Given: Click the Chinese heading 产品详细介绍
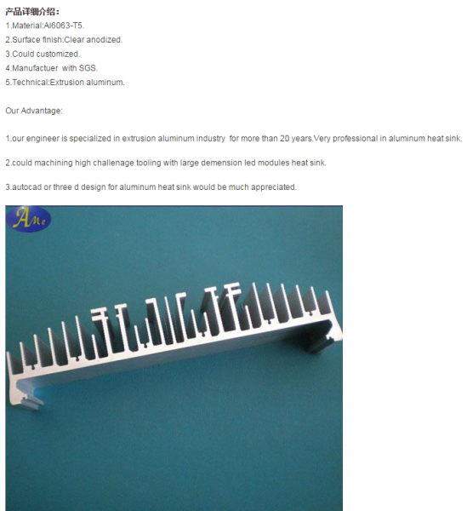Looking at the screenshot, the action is pos(32,12).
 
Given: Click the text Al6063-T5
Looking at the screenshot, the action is pos(64,26).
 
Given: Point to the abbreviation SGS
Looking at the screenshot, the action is pos(88,68).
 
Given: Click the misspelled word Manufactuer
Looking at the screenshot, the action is pos(35,68).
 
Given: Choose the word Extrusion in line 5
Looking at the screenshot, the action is pos(67,82).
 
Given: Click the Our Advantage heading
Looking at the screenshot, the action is pos(34,111).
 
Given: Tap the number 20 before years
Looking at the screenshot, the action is pos(284,139).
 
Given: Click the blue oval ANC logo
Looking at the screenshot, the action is pos(28,219).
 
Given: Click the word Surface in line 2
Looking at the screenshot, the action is pos(26,40).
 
